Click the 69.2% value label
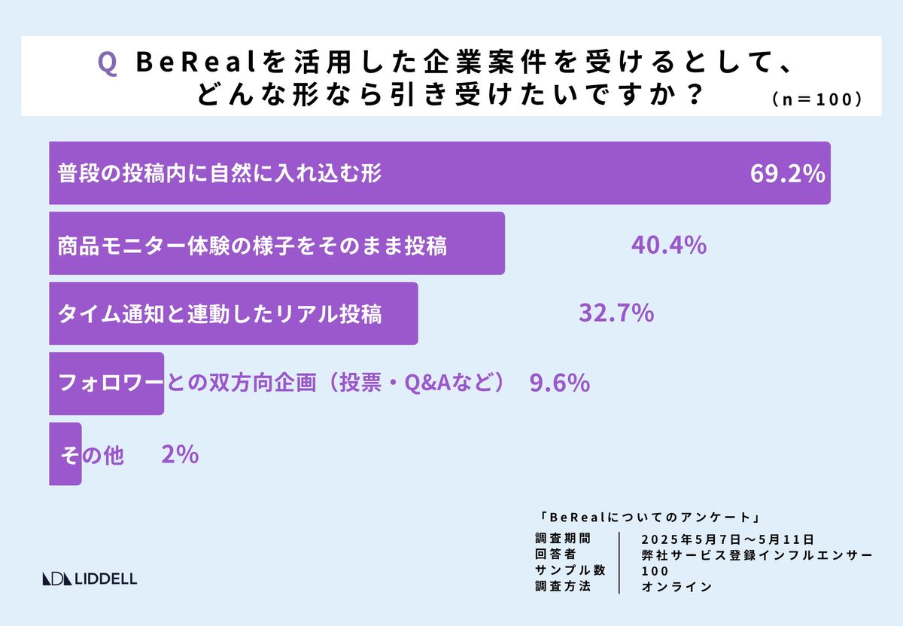pyautogui.click(x=787, y=174)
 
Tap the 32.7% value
pyautogui.click(x=616, y=313)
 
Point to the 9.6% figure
pyautogui.click(x=558, y=383)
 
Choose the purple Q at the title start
pyautogui.click(x=107, y=63)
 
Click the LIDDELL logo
pyautogui.click(x=90, y=579)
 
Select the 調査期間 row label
pyautogui.click(x=563, y=539)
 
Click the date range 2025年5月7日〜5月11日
pyautogui.click(x=728, y=539)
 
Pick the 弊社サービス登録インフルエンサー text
pyautogui.click(x=757, y=554)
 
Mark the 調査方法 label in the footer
pyautogui.click(x=563, y=585)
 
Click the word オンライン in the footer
pyautogui.click(x=676, y=586)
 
